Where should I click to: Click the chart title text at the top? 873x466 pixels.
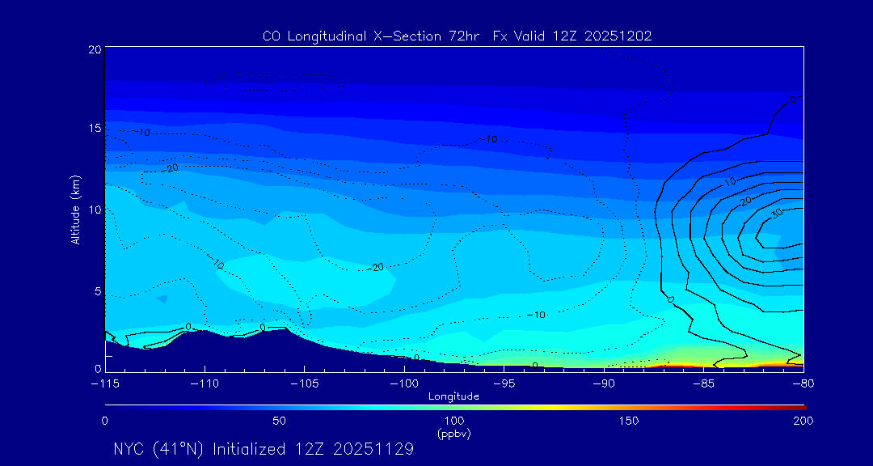(x=457, y=36)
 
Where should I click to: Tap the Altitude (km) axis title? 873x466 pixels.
(x=75, y=210)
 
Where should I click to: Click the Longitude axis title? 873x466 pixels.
(x=453, y=396)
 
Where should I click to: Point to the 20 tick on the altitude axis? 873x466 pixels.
(x=95, y=49)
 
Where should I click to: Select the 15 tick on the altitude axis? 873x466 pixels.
(x=95, y=129)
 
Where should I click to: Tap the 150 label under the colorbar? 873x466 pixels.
(x=629, y=421)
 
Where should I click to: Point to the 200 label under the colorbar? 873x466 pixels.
(x=803, y=421)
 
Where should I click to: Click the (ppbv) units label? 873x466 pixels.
(x=453, y=433)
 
